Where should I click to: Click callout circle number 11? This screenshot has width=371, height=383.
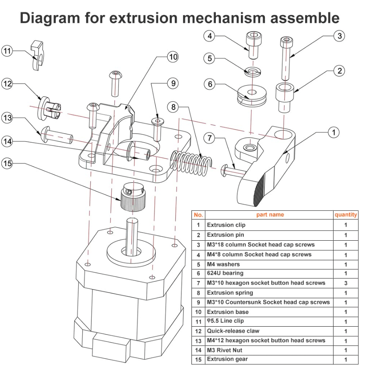coord(8,51)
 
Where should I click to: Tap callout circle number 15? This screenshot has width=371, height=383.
coord(8,163)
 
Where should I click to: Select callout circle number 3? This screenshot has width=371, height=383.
coord(339,36)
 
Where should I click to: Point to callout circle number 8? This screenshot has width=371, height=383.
coord(174,107)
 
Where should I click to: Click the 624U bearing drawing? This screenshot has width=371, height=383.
coord(252,95)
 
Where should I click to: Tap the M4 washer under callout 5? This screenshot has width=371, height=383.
coord(252,72)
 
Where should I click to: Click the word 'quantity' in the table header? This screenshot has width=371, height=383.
coord(345,215)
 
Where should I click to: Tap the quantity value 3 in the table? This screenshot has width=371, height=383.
coord(345,283)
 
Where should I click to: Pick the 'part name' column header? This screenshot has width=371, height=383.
coord(270,215)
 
